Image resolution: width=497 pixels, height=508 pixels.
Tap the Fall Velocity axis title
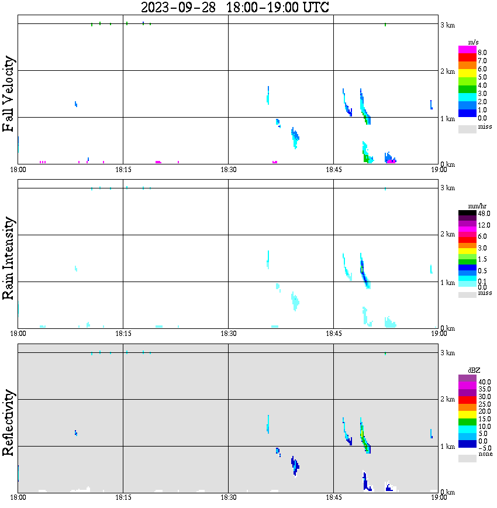coord(9,94)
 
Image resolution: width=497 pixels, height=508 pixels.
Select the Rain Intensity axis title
coord(9,258)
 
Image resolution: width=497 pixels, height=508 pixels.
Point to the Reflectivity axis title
coord(9,424)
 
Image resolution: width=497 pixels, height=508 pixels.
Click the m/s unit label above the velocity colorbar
coord(474,43)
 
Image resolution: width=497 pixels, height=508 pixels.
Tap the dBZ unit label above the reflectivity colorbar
coord(474,371)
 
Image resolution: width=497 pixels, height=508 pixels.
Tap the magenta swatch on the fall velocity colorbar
coord(467,50)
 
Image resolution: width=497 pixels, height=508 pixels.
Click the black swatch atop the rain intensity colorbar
coord(467,214)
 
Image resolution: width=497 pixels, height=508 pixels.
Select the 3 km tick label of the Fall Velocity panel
coord(447,25)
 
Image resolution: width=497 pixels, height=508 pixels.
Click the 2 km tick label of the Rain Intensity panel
coord(447,235)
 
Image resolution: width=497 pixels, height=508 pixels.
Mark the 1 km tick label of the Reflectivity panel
coord(447,447)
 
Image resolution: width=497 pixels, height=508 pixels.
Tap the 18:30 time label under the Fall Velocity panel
coord(229,170)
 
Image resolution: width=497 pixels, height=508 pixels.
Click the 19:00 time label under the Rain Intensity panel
coord(439,334)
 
